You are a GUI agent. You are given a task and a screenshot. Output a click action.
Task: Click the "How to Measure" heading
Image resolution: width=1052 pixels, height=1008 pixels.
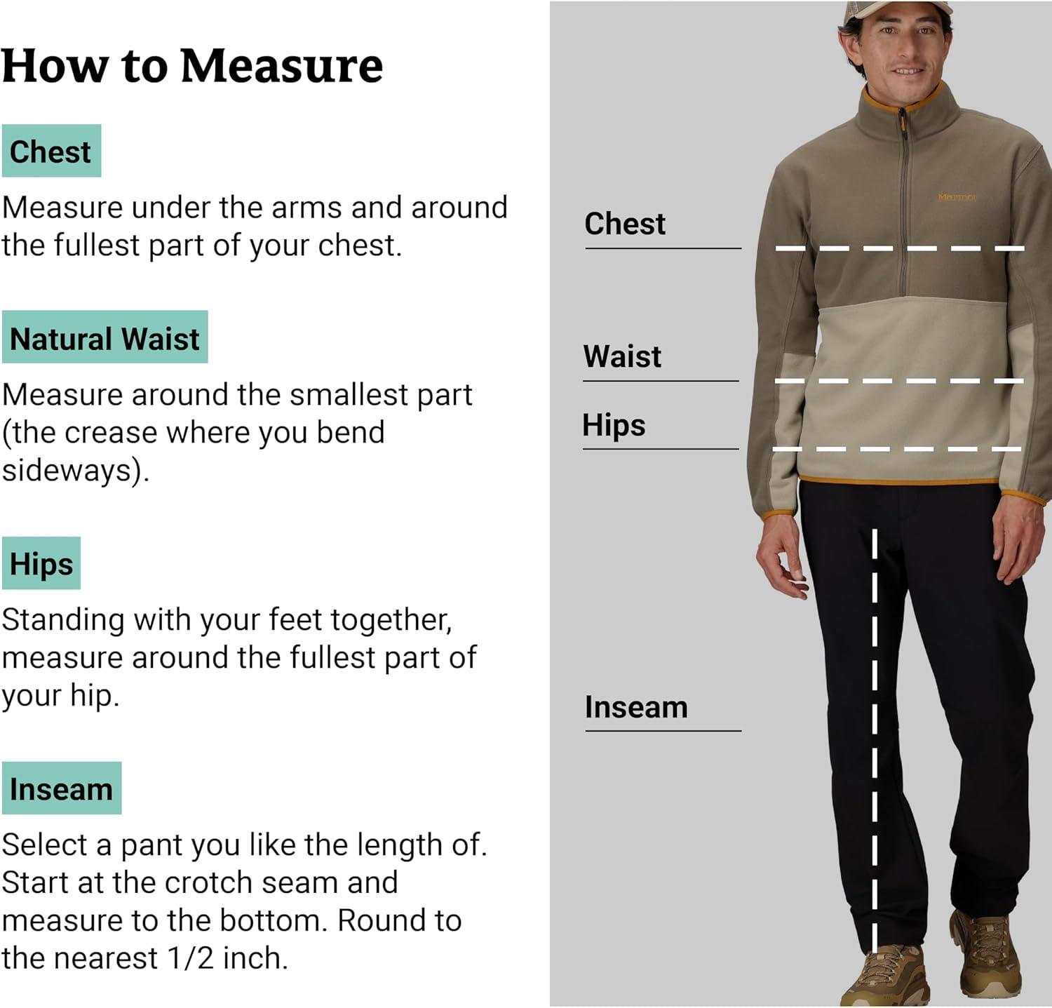pyautogui.click(x=192, y=66)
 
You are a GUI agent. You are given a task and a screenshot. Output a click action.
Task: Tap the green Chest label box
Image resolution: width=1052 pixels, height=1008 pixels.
pyautogui.click(x=51, y=151)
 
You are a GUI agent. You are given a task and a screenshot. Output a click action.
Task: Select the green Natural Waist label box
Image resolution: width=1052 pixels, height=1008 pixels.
pyautogui.click(x=104, y=337)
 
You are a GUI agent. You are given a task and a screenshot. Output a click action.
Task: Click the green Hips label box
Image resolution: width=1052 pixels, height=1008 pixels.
pyautogui.click(x=41, y=563)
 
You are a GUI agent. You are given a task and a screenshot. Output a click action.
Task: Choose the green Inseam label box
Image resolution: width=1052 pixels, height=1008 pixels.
pyautogui.click(x=62, y=788)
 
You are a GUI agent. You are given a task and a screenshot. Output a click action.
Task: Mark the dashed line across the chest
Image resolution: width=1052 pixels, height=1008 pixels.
pyautogui.click(x=900, y=248)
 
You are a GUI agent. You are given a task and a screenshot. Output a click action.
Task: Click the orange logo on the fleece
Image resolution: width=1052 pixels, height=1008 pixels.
pyautogui.click(x=957, y=197)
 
